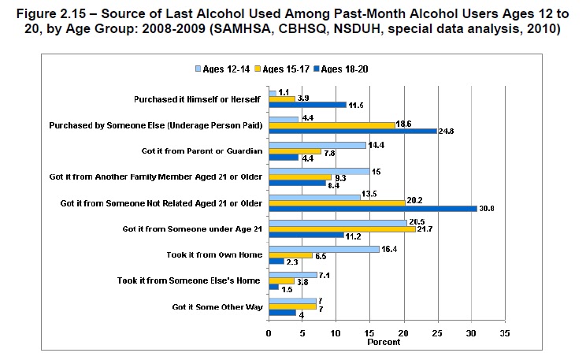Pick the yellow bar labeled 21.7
342,228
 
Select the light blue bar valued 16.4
324,249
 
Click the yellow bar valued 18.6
332,124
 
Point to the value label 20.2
415,202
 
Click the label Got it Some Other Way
217,306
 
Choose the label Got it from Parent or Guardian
204,151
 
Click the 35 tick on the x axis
505,332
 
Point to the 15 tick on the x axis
370,332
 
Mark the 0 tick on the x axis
269,332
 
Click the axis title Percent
384,342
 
